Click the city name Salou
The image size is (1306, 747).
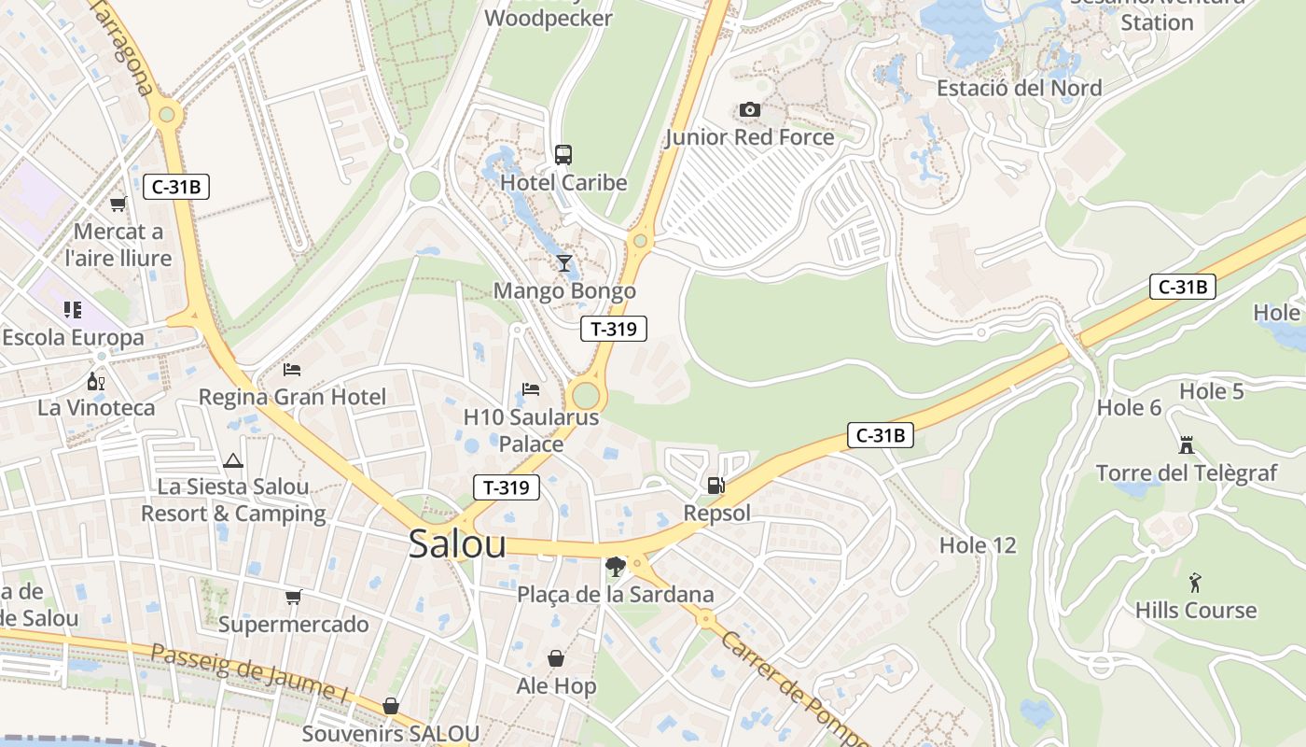pyautogui.click(x=457, y=545)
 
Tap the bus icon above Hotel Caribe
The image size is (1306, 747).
pyautogui.click(x=563, y=154)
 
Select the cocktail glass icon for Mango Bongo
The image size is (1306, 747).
pyautogui.click(x=563, y=262)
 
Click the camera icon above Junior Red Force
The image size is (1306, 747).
pyautogui.click(x=749, y=110)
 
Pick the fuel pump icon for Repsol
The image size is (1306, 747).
pyautogui.click(x=716, y=485)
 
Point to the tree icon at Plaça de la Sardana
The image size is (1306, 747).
pyautogui.click(x=615, y=566)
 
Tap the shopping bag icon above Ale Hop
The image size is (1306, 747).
pyautogui.click(x=556, y=658)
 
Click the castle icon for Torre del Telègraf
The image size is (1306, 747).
pyautogui.click(x=1186, y=444)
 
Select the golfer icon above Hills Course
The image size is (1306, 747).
pyautogui.click(x=1195, y=583)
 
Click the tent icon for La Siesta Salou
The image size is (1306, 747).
pyautogui.click(x=232, y=459)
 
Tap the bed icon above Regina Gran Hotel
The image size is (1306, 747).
pyautogui.click(x=292, y=369)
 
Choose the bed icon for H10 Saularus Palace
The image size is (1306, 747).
pyautogui.click(x=531, y=388)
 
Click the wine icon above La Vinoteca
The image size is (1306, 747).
pyautogui.click(x=96, y=381)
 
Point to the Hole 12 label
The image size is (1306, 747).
pyautogui.click(x=977, y=545)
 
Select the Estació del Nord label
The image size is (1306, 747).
pyautogui.click(x=1019, y=89)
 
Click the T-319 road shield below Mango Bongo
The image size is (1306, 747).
pyautogui.click(x=613, y=329)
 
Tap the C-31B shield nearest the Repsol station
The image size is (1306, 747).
pyautogui.click(x=880, y=435)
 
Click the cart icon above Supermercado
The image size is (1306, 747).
pyautogui.click(x=294, y=597)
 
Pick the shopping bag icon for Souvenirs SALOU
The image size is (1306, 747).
pyautogui.click(x=391, y=706)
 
